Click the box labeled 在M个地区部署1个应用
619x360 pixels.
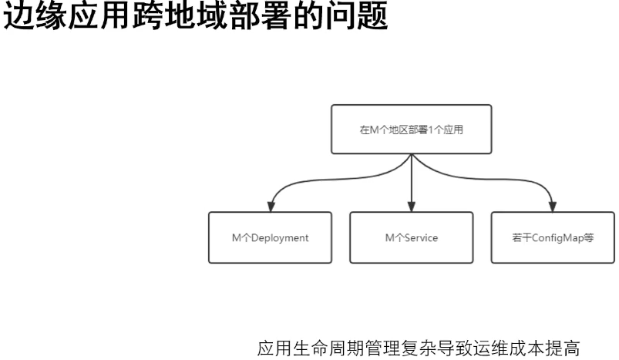411,129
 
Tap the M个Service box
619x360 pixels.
411,237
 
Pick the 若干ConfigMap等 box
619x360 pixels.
553,237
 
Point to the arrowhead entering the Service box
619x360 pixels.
412,205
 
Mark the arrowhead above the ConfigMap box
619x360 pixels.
552,205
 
